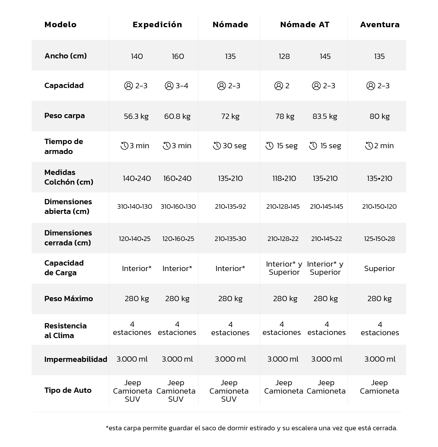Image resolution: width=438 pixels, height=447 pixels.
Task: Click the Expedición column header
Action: (157, 25)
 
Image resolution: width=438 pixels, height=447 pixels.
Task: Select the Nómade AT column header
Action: (305, 25)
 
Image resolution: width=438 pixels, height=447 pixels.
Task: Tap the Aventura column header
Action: (380, 25)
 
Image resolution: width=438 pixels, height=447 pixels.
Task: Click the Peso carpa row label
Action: (64, 116)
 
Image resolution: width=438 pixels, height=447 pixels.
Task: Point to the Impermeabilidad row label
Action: (76, 359)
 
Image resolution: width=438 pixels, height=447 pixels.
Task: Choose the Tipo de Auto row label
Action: (68, 390)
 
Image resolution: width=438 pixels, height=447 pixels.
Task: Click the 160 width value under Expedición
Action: (178, 56)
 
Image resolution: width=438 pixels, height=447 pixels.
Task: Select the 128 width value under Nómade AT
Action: (284, 56)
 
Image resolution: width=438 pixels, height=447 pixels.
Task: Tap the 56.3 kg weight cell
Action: (136, 116)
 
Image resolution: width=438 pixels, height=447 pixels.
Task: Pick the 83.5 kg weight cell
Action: (325, 116)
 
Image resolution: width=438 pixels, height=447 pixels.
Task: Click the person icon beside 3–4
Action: (169, 86)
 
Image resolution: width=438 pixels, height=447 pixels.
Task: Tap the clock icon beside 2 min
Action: (369, 146)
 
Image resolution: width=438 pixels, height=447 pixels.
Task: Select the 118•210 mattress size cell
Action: (284, 179)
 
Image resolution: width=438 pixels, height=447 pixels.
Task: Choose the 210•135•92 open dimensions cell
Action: (231, 207)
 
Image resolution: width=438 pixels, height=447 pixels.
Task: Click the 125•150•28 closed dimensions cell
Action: (379, 239)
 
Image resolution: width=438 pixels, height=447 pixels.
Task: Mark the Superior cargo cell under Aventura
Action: (379, 269)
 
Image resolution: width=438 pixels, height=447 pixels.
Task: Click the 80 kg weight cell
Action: (380, 116)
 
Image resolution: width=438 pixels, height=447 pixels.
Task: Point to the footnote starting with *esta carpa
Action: (251, 428)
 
